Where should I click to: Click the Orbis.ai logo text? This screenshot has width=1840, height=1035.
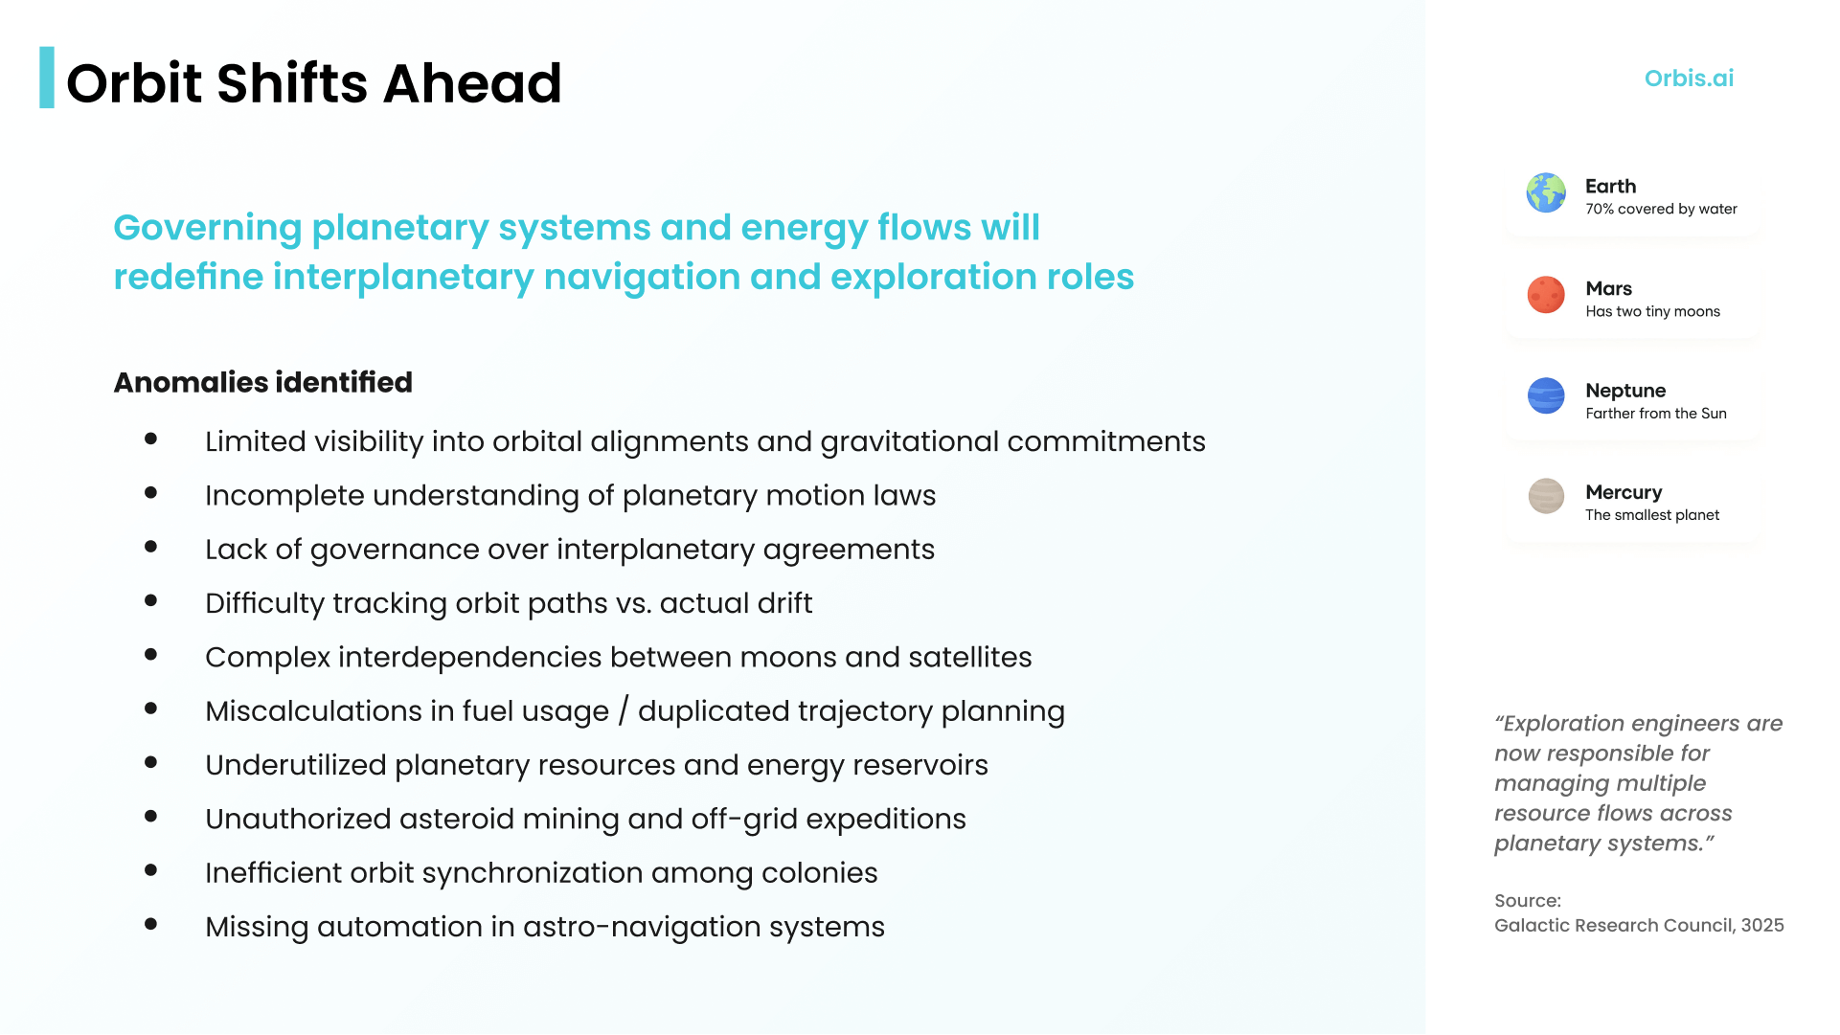[1689, 79]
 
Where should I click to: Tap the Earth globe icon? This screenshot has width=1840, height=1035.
[1546, 192]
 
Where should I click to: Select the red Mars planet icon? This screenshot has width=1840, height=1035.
[1546, 295]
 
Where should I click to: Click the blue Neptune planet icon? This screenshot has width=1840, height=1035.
[1546, 395]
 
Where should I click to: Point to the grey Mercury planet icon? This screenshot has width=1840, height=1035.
[1546, 496]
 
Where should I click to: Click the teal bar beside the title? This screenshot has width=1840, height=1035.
[47, 78]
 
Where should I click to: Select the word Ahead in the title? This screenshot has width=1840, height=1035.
[472, 83]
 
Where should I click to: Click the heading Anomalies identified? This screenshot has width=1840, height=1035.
[263, 382]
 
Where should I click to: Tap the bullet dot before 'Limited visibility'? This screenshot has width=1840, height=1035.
[150, 439]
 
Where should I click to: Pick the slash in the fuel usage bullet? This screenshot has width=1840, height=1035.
[624, 711]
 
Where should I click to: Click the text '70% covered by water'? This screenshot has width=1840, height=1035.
[1661, 209]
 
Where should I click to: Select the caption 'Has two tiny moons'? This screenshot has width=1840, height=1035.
[1652, 311]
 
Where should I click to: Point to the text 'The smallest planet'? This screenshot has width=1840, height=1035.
[1652, 515]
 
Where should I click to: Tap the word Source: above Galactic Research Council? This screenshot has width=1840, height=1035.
[1528, 901]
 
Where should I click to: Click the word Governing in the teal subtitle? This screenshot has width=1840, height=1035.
[208, 229]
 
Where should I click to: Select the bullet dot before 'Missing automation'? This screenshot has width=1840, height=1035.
[150, 925]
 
